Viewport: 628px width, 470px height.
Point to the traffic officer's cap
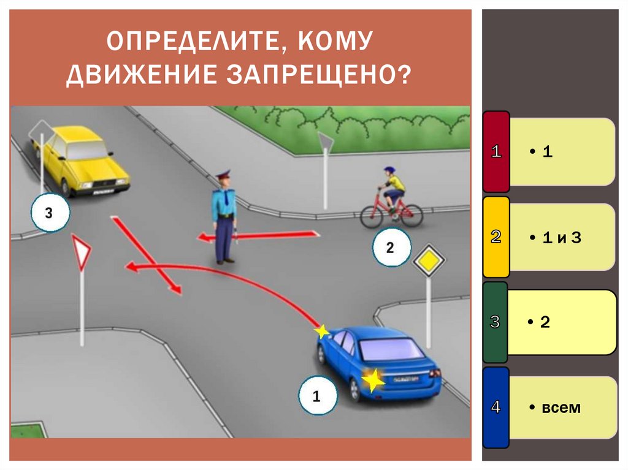tap(223, 175)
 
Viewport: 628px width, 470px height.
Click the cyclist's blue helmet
tap(389, 170)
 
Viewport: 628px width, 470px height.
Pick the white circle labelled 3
tap(49, 213)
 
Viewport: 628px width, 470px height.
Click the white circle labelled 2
tap(390, 248)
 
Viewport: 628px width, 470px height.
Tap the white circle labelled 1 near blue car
tap(317, 396)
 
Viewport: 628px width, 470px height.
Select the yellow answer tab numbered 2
tap(496, 237)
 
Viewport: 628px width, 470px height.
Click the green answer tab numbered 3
tap(496, 322)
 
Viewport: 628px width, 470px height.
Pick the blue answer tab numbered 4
tap(496, 407)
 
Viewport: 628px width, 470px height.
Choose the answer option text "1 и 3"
tap(561, 238)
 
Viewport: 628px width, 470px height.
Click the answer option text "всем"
tap(561, 407)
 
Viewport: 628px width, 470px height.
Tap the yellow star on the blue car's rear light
tap(372, 381)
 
